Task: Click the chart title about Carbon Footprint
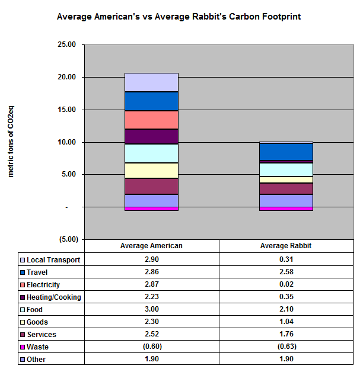(x=179, y=17)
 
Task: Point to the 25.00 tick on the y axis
(x=69, y=45)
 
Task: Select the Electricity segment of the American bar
(x=151, y=120)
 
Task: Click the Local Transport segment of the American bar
(x=151, y=82)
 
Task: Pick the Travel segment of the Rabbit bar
(x=286, y=152)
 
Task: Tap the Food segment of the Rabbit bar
(x=286, y=169)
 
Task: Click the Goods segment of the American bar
(x=151, y=171)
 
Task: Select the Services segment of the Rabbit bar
(x=286, y=188)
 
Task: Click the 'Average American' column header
(x=151, y=246)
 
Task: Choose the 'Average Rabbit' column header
(x=286, y=246)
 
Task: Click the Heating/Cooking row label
(x=53, y=297)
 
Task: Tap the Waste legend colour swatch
(x=23, y=347)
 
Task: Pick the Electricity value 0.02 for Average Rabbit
(x=286, y=285)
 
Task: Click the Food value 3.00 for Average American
(x=151, y=310)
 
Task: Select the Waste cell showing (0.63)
(x=286, y=347)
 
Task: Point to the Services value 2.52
(x=151, y=335)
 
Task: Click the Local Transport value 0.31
(x=286, y=260)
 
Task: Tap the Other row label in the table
(x=36, y=360)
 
